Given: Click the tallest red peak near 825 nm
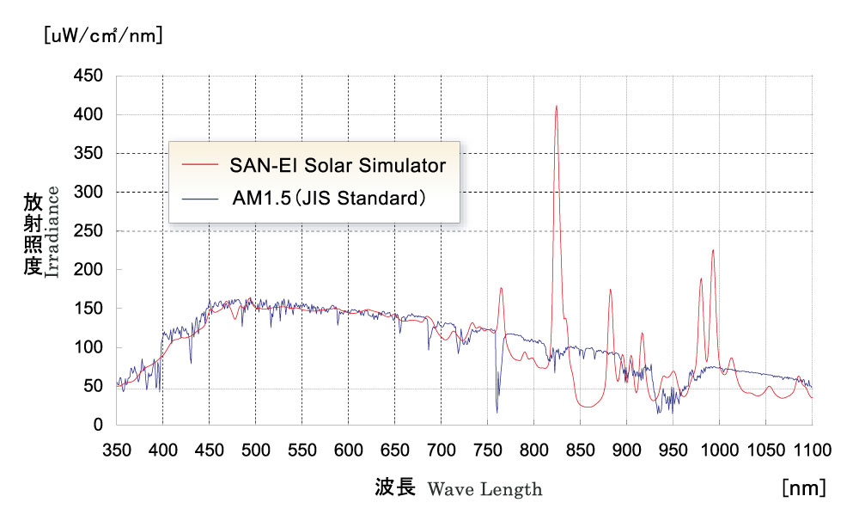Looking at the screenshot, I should (x=557, y=107).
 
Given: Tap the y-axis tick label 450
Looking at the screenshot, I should (x=89, y=77).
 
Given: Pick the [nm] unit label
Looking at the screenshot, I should (x=804, y=488).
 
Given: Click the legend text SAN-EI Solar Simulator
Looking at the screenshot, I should (x=338, y=165).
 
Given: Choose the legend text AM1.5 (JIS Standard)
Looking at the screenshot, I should (x=329, y=199).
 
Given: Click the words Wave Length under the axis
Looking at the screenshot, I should (x=484, y=490).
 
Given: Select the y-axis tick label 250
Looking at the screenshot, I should (x=89, y=231).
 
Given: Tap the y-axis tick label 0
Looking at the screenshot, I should (x=99, y=425).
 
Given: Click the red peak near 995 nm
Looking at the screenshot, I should (x=712, y=251).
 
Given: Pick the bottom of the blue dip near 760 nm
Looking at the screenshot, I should (x=497, y=411).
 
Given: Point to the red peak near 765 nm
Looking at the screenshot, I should (x=501, y=290).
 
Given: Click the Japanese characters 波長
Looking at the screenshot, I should (x=395, y=488).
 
